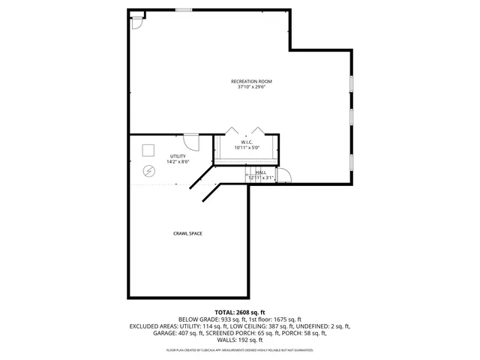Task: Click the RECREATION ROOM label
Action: coord(251,81)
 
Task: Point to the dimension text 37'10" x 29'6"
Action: coord(251,87)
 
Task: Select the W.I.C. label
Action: coord(247,142)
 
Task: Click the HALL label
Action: coord(260,172)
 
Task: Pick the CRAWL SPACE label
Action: coord(188,233)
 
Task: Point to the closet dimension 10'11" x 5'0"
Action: coord(247,148)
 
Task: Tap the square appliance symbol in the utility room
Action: coord(148,148)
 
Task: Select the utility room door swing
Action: coord(191,141)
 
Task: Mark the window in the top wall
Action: coord(184,10)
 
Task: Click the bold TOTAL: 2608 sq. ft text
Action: coord(240,312)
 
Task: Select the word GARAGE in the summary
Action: coord(164,332)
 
